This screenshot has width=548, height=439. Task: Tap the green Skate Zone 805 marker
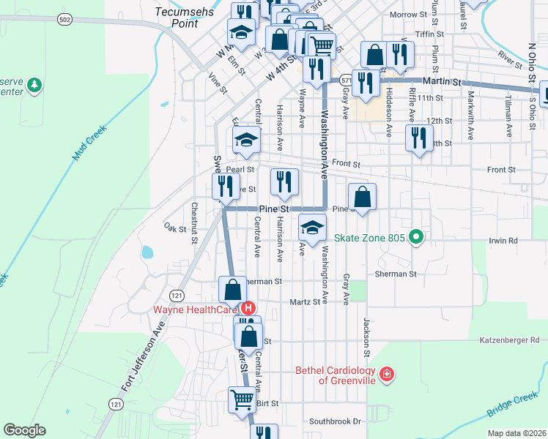[416, 237]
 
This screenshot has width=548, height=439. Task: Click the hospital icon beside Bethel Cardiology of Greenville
[386, 375]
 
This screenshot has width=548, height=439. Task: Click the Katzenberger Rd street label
[509, 339]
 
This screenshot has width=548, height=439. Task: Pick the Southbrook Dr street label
[336, 421]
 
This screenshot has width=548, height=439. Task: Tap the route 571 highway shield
[344, 80]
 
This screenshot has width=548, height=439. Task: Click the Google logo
[24, 430]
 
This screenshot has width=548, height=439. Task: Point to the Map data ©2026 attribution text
[516, 433]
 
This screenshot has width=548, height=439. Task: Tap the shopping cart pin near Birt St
[242, 399]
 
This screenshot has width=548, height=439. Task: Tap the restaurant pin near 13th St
[418, 138]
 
